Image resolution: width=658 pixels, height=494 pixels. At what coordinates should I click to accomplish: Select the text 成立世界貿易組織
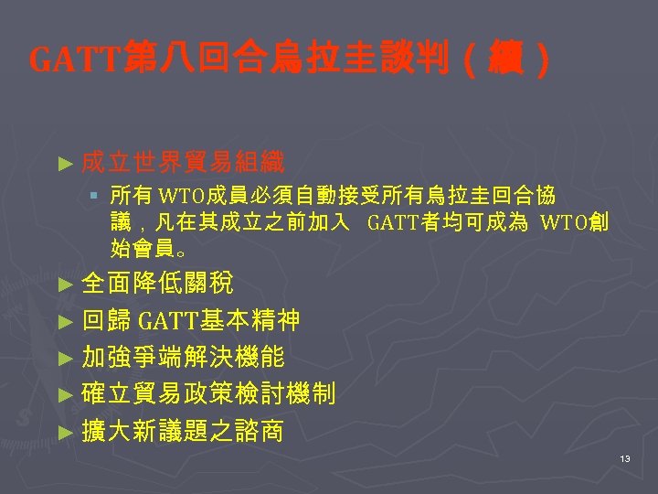[183, 164]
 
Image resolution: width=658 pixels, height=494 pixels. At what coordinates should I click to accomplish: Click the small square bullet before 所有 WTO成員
[94, 195]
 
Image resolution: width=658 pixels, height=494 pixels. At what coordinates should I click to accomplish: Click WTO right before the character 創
[564, 221]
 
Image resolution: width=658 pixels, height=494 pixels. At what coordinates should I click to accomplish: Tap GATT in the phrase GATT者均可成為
[392, 221]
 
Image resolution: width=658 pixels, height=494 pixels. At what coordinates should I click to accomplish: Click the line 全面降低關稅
[157, 282]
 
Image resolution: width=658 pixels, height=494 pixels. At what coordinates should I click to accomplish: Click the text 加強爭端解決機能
[183, 357]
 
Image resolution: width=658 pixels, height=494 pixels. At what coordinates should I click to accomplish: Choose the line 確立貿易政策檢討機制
[208, 394]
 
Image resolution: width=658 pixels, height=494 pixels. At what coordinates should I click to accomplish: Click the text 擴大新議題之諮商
[183, 431]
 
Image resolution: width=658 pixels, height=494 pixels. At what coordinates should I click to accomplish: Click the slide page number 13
[625, 457]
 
